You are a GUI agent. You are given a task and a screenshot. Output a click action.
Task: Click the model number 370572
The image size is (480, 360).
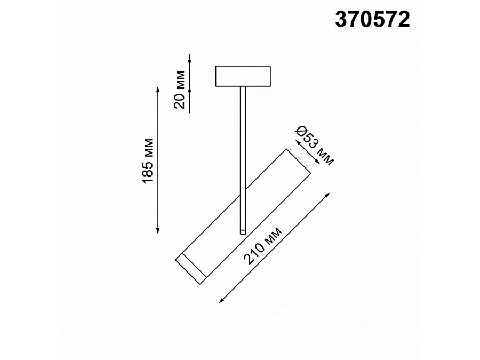pos(372,20)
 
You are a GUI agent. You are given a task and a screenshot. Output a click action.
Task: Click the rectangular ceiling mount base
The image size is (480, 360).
pos(243,76)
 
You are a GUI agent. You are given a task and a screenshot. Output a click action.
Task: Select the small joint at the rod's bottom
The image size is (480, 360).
pos(243,231)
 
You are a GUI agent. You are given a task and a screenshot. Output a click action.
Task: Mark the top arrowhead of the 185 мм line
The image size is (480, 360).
pos(158,89)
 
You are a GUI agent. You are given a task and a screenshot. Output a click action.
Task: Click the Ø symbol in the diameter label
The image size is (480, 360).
pos(302,130)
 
